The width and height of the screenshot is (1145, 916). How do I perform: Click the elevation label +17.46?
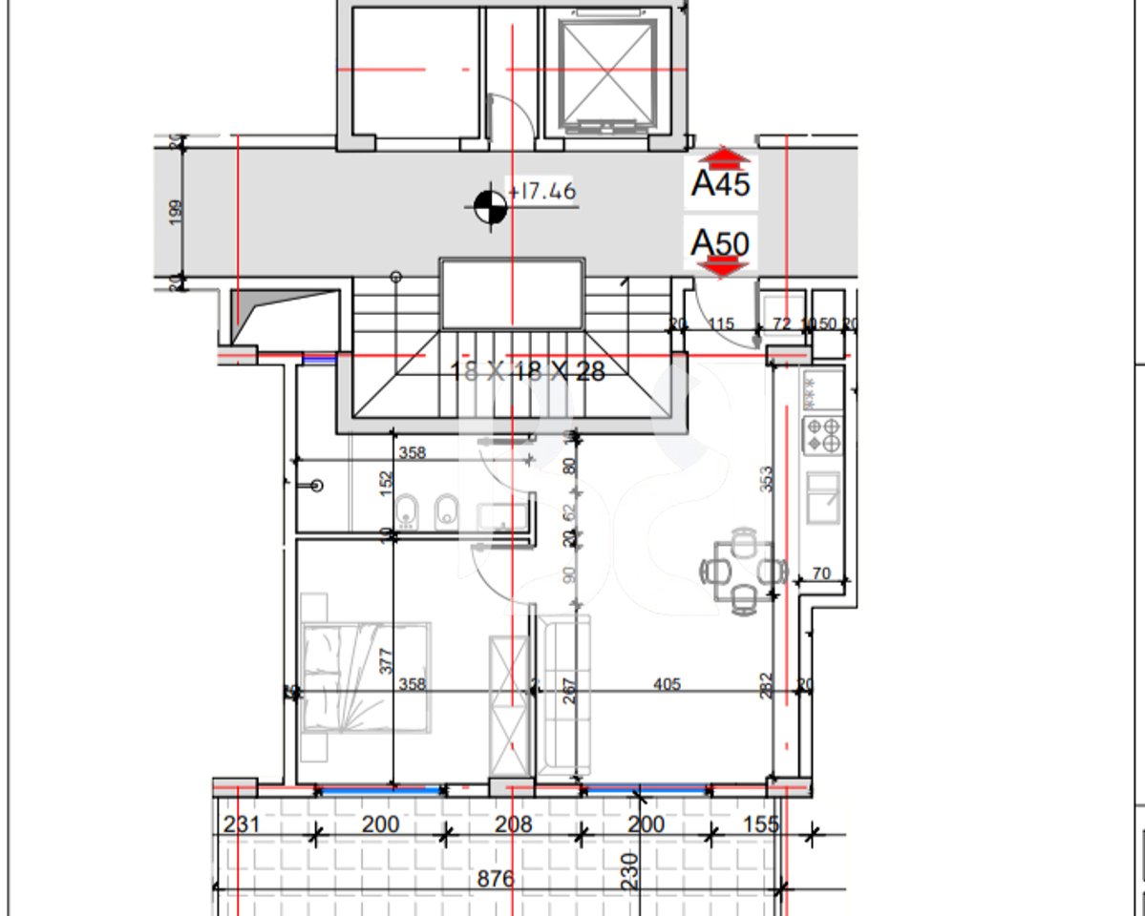tap(543, 192)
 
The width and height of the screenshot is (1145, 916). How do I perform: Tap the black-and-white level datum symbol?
tap(490, 203)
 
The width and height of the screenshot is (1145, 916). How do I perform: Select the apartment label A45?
tap(720, 182)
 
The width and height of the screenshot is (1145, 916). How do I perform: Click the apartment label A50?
tap(720, 243)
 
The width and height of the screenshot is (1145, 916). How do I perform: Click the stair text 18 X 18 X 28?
tap(527, 371)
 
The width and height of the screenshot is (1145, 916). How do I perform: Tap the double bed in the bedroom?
tap(365, 677)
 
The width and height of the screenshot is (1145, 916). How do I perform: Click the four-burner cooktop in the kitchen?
tap(823, 435)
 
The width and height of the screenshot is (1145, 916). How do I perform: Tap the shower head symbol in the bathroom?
tap(317, 486)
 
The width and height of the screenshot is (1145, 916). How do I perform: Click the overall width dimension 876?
tap(495, 878)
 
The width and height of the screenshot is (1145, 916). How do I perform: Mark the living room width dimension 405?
tap(666, 683)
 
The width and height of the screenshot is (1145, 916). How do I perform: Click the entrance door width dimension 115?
tap(721, 324)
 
